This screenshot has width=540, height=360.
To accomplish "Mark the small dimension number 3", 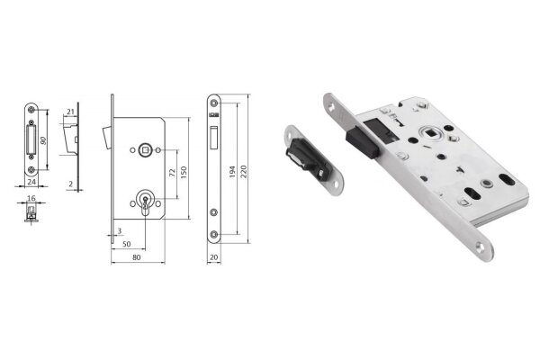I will point(119,232).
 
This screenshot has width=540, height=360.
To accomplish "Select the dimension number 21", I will point(70,112).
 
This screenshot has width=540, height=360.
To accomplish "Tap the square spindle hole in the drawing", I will point(143,148).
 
